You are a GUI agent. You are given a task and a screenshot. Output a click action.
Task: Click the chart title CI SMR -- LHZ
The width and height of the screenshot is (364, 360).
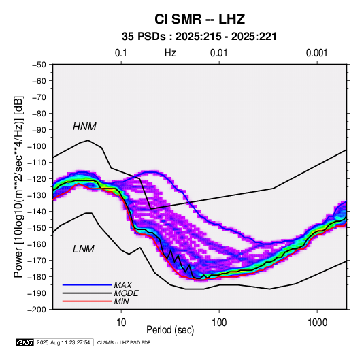199,19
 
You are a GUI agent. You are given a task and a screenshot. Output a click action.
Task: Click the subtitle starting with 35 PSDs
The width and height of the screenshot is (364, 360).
199,37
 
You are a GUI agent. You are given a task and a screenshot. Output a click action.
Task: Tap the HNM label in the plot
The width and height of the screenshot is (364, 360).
84,127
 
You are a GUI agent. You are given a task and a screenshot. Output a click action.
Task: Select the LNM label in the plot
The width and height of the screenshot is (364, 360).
84,249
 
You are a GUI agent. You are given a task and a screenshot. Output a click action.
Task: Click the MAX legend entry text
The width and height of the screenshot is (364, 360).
122,285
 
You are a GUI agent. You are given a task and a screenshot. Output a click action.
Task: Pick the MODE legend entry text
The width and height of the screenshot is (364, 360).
126,293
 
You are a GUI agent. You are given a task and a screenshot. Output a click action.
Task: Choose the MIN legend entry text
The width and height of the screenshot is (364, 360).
121,301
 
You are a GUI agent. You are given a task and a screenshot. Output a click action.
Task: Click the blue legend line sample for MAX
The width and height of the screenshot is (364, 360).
87,284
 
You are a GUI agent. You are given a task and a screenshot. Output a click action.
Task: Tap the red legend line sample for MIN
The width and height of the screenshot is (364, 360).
87,301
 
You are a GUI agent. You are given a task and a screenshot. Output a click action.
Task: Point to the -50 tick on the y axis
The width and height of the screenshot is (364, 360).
39,65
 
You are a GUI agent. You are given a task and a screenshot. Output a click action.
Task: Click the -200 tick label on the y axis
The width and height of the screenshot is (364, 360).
37,310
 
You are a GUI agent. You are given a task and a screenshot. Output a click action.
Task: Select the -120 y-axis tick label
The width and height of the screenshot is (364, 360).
37,179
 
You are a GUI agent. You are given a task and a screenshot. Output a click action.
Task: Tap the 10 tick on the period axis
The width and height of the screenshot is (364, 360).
121,323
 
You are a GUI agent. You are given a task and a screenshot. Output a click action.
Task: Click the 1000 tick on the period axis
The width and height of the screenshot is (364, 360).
317,323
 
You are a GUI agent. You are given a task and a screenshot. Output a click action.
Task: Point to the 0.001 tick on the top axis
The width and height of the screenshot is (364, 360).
316,53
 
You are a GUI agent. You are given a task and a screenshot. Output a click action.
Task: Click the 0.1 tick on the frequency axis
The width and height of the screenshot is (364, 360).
121,53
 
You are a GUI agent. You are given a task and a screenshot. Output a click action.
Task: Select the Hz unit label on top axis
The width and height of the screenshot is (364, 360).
170,53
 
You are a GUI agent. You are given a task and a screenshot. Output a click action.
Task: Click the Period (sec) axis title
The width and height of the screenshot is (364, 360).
170,330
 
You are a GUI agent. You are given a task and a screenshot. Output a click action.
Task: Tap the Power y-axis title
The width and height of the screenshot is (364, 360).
18,187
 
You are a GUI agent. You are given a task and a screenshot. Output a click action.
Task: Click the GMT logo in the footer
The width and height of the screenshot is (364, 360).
24,342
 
